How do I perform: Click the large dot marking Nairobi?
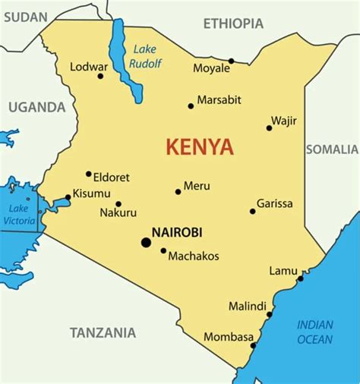(x=146, y=242)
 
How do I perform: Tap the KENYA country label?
(x=201, y=146)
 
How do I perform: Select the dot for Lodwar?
(x=100, y=76)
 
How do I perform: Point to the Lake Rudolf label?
(x=144, y=56)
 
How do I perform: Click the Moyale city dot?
(x=232, y=61)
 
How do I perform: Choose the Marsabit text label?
(x=219, y=99)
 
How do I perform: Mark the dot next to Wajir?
(x=269, y=127)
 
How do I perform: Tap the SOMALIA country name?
(x=332, y=150)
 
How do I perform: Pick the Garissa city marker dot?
(x=253, y=211)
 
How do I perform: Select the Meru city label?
(x=197, y=186)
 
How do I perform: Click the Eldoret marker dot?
(x=89, y=174)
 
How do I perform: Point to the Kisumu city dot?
(x=68, y=197)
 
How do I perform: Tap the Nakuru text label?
(x=118, y=213)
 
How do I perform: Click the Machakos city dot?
(x=163, y=250)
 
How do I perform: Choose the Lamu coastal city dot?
(x=301, y=279)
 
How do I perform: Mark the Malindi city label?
(x=248, y=307)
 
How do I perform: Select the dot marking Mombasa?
(x=254, y=345)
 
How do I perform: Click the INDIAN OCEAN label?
(x=315, y=331)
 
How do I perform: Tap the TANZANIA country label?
(x=103, y=332)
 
